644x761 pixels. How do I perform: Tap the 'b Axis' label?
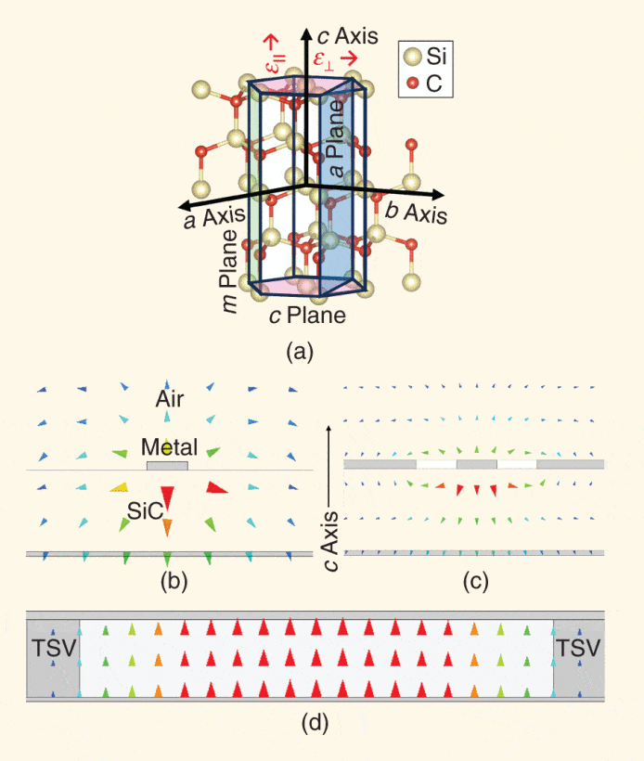(x=417, y=212)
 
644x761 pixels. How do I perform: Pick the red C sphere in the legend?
(x=412, y=86)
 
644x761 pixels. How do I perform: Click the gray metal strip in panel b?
(x=167, y=465)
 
